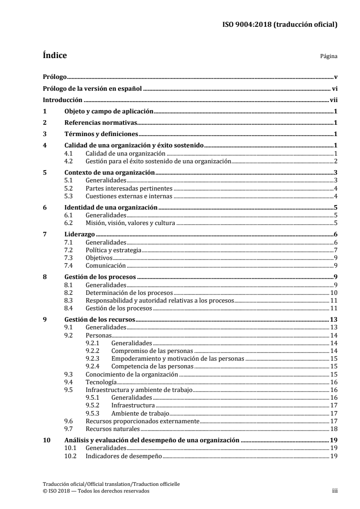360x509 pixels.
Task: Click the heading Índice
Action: pos(54,56)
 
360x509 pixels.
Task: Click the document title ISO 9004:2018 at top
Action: pos(278,25)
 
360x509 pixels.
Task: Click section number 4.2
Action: pos(69,161)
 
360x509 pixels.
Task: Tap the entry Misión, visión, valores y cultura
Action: pos(130,222)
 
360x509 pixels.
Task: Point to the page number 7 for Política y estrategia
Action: pos(335,250)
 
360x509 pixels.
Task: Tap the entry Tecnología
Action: pos(98,382)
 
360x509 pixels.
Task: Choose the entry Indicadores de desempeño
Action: pos(123,456)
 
